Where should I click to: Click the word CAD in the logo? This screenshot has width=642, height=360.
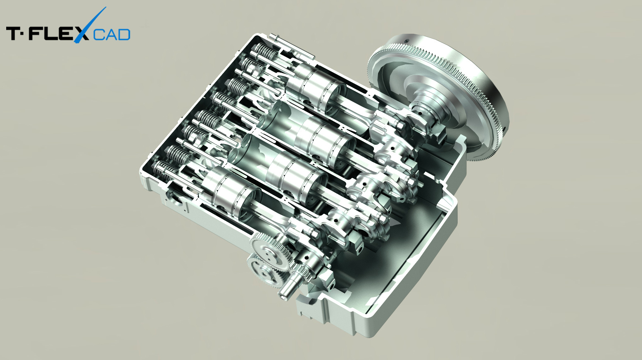(112, 34)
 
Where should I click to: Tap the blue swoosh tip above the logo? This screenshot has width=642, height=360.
(105, 7)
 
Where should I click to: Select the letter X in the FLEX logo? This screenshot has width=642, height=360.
(81, 33)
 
